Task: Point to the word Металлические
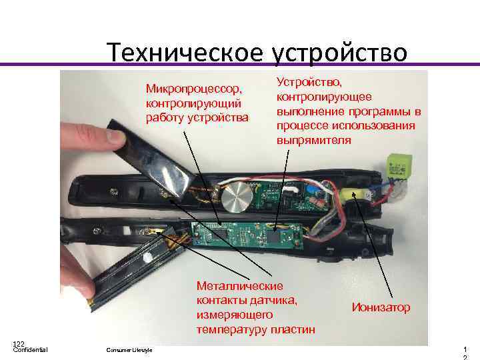[x=239, y=285]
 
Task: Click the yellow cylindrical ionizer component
[x=353, y=195]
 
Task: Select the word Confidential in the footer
[x=30, y=350]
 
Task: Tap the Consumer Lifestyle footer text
[x=129, y=351]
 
